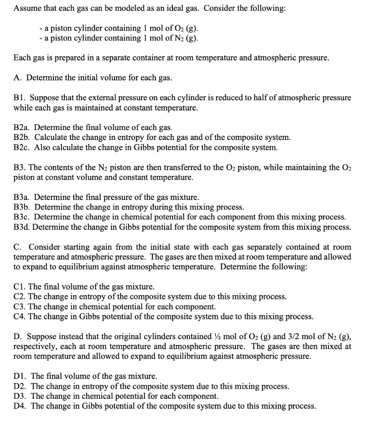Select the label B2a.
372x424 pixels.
click(x=22, y=128)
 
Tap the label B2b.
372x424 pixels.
click(x=22, y=137)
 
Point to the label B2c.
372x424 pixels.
click(x=22, y=147)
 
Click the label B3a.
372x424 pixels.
click(x=22, y=197)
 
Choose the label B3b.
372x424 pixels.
click(x=22, y=207)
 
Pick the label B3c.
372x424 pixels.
click(x=22, y=217)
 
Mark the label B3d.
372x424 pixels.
click(x=22, y=227)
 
